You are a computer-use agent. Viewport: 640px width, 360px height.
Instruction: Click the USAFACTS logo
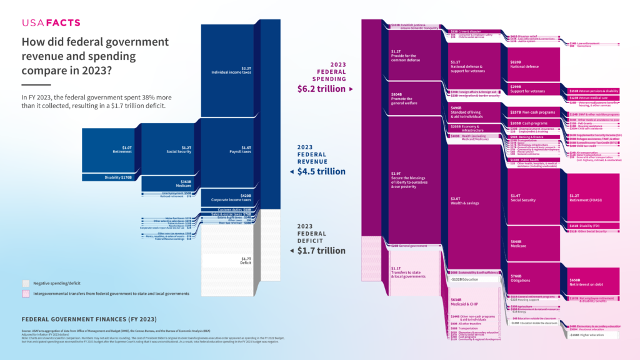51,23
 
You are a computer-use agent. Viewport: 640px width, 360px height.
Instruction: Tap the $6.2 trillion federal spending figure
320,89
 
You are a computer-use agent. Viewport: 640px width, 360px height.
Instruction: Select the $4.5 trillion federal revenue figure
321,171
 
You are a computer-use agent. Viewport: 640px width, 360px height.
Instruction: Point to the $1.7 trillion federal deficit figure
321,251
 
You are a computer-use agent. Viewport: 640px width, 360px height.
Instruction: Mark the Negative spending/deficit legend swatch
26,282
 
